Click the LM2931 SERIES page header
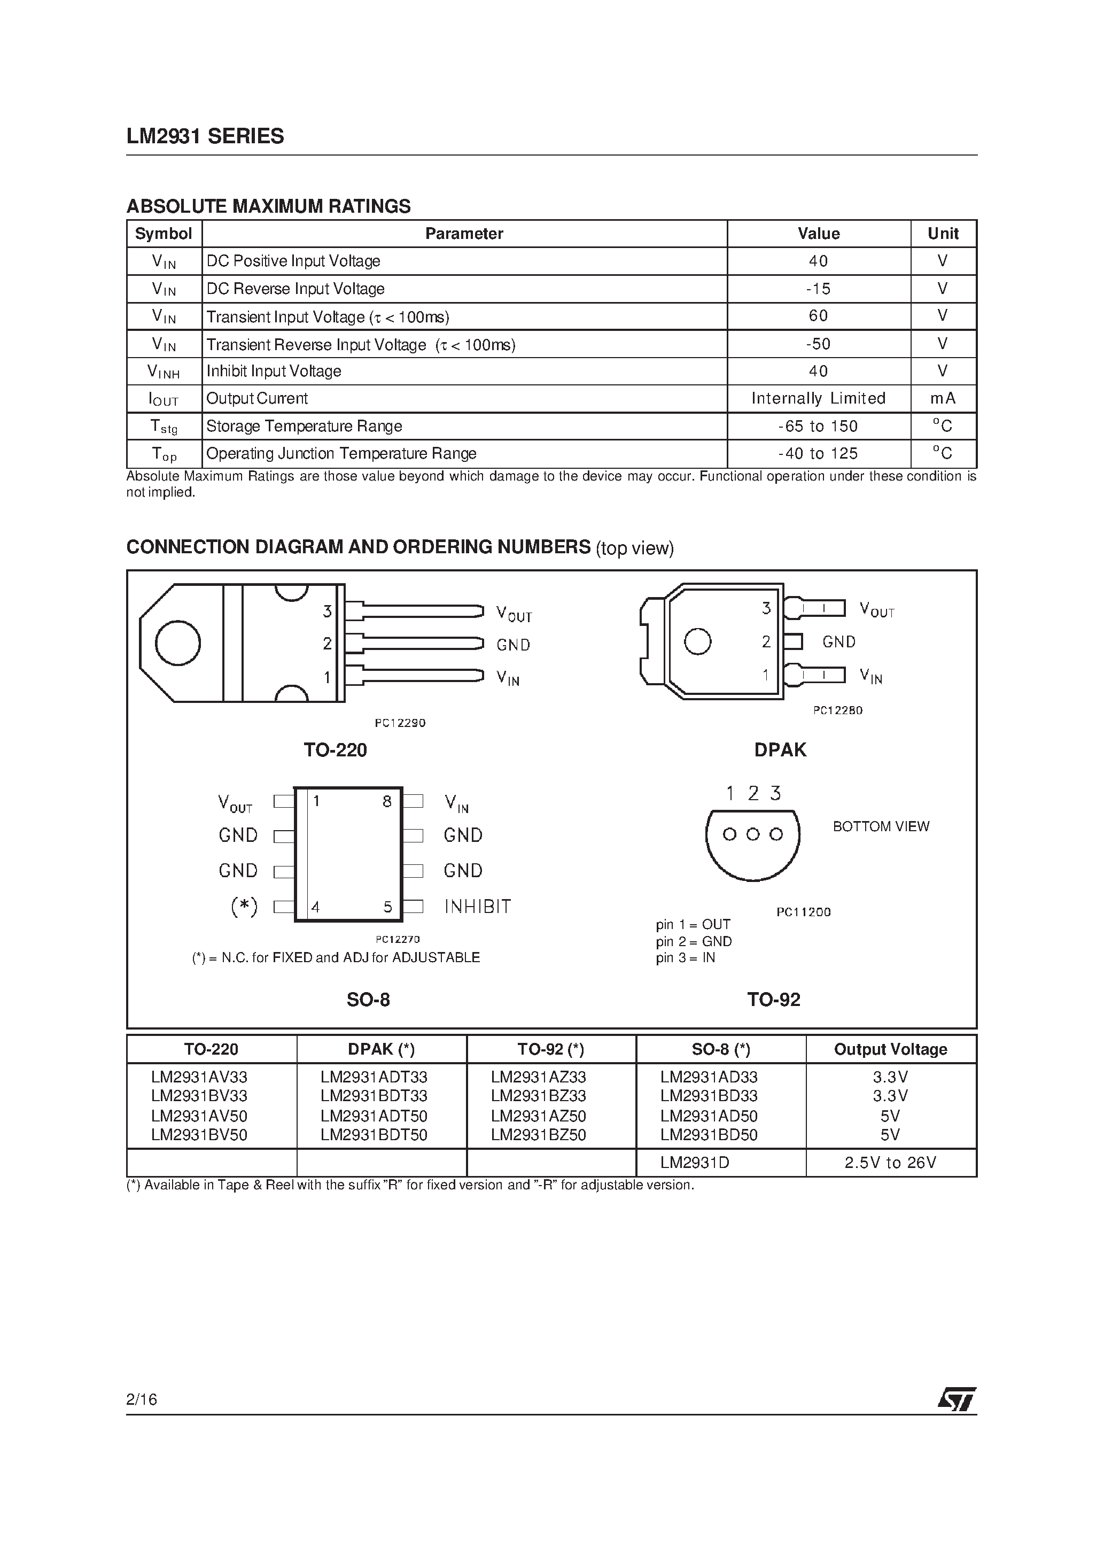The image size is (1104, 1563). coord(205,137)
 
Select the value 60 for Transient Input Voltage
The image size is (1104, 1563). coord(818,316)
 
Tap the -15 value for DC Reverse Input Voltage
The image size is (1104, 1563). coord(818,289)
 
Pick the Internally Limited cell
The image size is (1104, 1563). coord(818,398)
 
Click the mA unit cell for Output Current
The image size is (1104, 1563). coord(943,398)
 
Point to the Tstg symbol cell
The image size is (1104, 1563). coord(164,427)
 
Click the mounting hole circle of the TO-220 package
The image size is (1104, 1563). coord(177,643)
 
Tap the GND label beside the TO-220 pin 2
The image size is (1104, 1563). coord(513,645)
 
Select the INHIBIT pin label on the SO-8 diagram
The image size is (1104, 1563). coord(477,906)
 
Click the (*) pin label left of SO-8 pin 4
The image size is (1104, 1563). coord(244,906)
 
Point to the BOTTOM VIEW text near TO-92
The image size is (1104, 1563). coord(881,826)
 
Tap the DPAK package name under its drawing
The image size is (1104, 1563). coord(780,749)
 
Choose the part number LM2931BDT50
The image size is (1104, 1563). coord(374,1135)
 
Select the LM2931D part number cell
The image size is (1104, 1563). coord(694,1163)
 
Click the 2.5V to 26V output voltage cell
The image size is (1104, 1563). coord(890,1163)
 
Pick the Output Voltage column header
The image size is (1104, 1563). coord(890,1049)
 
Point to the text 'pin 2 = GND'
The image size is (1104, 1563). coord(694,941)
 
